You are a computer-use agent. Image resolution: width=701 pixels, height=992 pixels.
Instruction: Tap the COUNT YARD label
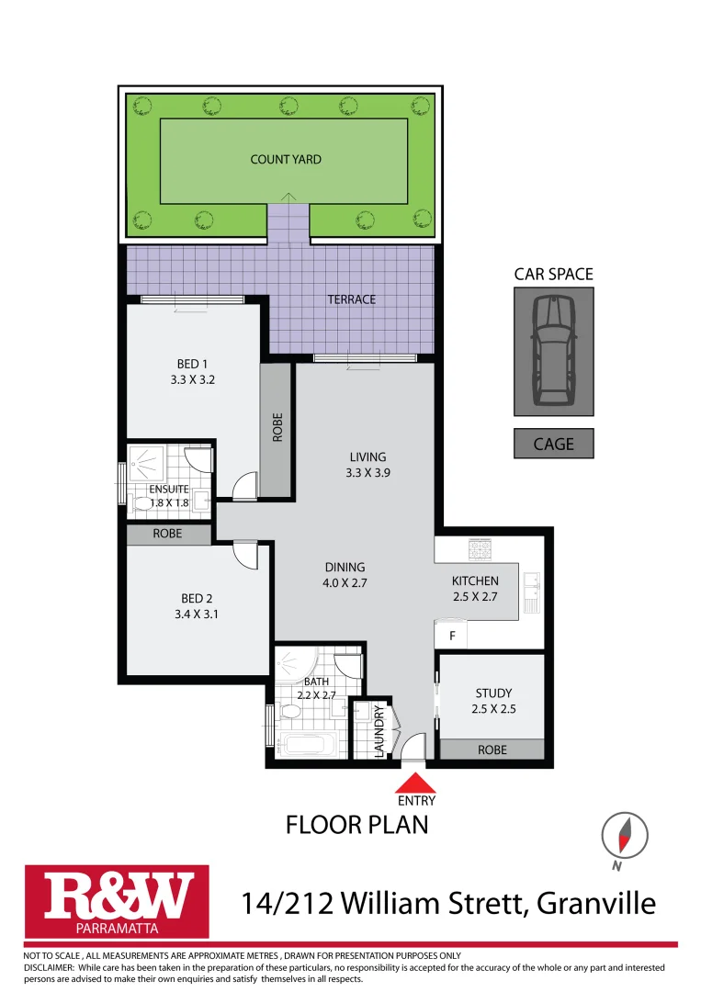pyautogui.click(x=286, y=160)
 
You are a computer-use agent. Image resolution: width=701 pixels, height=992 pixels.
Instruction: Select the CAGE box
pyautogui.click(x=553, y=444)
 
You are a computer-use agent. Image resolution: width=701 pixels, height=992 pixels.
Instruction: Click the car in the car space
pyautogui.click(x=553, y=350)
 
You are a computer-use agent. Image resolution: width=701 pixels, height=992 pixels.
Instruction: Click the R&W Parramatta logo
pyautogui.click(x=117, y=900)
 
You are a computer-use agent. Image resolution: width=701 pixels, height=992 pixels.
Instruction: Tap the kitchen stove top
pyautogui.click(x=481, y=550)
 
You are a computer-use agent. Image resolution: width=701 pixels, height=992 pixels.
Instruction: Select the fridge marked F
pyautogui.click(x=452, y=635)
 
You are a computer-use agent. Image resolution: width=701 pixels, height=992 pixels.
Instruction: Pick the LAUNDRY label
pyautogui.click(x=379, y=731)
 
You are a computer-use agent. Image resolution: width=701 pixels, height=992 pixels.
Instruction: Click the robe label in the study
pyautogui.click(x=492, y=750)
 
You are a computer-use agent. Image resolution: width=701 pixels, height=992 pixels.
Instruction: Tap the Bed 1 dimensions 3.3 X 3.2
pyautogui.click(x=192, y=379)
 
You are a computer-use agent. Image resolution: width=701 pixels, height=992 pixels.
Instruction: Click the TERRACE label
pyautogui.click(x=352, y=299)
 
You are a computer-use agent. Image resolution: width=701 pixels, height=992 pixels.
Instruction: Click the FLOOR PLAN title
pyautogui.click(x=356, y=825)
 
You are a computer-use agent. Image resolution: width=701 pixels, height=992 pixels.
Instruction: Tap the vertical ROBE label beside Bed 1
pyautogui.click(x=277, y=429)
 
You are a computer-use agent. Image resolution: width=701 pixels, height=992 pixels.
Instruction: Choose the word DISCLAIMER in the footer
pyautogui.click(x=49, y=967)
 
